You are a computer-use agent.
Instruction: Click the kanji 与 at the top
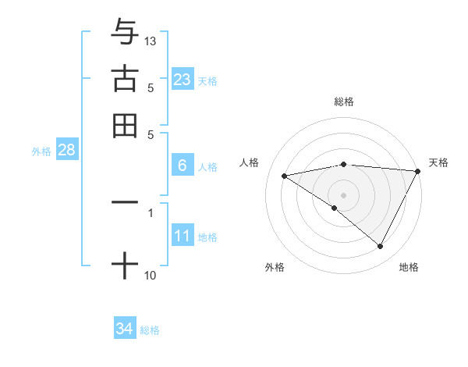125,32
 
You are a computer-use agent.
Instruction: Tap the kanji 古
125,78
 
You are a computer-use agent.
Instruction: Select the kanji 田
125,125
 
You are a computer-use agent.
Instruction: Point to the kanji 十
125,265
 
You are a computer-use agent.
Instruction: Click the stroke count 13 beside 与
151,41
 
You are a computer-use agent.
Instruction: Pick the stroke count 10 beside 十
151,275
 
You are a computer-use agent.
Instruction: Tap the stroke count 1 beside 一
151,212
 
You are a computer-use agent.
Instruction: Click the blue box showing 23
182,79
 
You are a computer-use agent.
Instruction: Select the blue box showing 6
182,166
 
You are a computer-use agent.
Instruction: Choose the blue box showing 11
182,236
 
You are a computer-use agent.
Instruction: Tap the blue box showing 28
66,151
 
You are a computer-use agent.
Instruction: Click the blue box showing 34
124,329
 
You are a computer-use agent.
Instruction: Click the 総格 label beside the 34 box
151,330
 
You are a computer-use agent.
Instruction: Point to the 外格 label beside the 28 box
41,151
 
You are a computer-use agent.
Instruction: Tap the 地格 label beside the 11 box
207,237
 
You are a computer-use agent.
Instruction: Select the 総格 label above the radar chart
344,102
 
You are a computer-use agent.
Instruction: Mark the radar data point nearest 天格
418,171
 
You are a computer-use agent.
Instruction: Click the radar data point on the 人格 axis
285,176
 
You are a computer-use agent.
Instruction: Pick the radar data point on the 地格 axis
381,246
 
